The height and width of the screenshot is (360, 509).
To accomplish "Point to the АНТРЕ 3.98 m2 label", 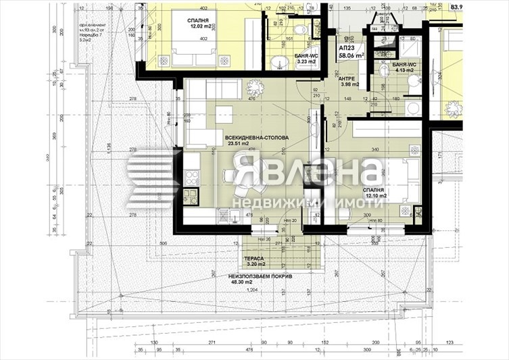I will pos(350,81).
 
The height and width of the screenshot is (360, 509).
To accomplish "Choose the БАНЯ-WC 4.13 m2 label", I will pos(404,67).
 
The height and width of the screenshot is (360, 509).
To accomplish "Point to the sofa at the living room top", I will pos(212,90).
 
